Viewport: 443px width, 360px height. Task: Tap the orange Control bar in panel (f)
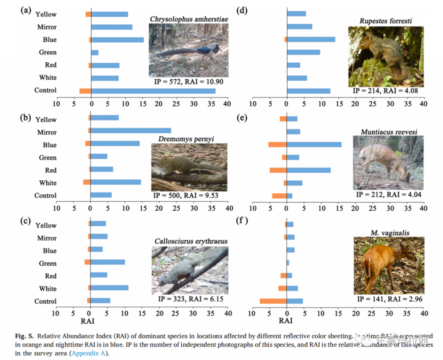(x=273, y=301)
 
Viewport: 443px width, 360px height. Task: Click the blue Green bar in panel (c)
(x=108, y=262)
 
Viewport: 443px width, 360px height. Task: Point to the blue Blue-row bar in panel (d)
(x=311, y=39)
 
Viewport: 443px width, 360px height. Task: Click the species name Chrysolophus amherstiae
(x=189, y=19)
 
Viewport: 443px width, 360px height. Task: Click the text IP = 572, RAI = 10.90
(x=189, y=81)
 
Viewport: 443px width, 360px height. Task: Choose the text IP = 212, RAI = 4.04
(x=388, y=195)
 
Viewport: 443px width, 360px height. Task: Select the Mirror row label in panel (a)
(x=47, y=27)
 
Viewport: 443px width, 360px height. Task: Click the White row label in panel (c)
(x=48, y=289)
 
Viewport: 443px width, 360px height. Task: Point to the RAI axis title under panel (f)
(x=286, y=321)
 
